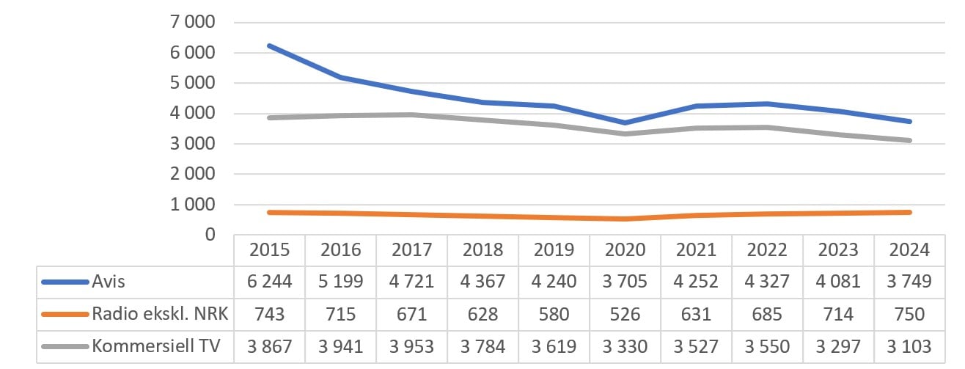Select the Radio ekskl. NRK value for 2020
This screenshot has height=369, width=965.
[624, 315]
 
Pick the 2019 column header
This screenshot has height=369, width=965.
[554, 250]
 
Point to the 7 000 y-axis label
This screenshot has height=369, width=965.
[194, 22]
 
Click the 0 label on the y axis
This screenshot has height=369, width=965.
[210, 235]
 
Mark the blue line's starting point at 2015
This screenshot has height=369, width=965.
[269, 45]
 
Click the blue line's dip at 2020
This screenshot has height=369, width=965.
[624, 123]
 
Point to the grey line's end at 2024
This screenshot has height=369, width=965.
[909, 141]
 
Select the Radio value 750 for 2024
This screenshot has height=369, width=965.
[909, 315]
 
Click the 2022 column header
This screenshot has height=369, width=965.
[766, 250]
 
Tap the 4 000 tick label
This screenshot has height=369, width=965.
[194, 114]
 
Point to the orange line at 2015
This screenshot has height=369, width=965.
[269, 212]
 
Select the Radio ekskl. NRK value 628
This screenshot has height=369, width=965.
[482, 315]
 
